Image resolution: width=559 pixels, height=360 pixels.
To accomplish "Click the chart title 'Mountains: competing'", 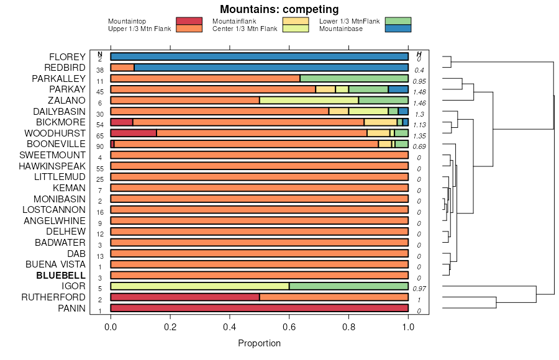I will pyautogui.click(x=279, y=9).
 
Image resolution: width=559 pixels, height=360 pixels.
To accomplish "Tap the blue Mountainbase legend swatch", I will pyautogui.click(x=398, y=29).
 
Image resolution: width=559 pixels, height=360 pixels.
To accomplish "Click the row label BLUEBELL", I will pyautogui.click(x=60, y=275).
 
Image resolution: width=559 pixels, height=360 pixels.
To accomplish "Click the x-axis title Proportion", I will pyautogui.click(x=259, y=343).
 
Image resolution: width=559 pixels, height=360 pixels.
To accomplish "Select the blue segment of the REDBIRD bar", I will pyautogui.click(x=271, y=68).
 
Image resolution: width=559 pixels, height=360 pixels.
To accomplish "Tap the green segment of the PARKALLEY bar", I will pyautogui.click(x=354, y=79).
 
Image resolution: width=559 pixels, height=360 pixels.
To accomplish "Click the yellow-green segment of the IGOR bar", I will pyautogui.click(x=199, y=286).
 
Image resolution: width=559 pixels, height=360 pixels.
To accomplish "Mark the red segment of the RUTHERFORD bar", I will pyautogui.click(x=184, y=297).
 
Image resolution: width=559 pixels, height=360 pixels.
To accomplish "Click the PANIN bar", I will pyautogui.click(x=259, y=308).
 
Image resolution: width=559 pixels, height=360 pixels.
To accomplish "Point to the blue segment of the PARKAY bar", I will pyautogui.click(x=398, y=89).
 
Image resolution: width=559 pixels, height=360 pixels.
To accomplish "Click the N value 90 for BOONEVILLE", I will pyautogui.click(x=100, y=146).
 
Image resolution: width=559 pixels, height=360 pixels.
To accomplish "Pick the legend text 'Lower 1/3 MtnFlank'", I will pyautogui.click(x=349, y=22).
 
